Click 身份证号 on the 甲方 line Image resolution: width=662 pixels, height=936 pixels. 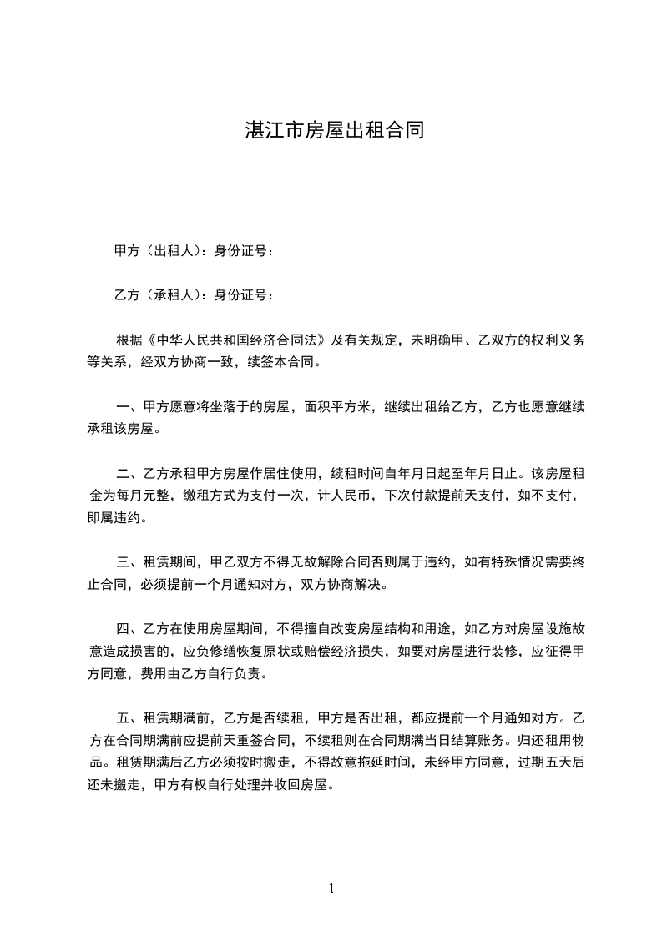tap(240, 250)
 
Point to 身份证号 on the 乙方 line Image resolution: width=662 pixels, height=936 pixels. tap(240, 294)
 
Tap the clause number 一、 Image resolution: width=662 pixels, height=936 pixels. tap(129, 408)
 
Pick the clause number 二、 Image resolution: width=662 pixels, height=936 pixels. tap(129, 475)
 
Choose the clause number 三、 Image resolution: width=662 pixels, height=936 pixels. tap(129, 564)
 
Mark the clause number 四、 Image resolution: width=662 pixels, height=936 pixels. tap(129, 631)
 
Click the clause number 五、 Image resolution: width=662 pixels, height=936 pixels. tap(129, 719)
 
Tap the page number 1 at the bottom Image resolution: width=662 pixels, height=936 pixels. tap(331, 889)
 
